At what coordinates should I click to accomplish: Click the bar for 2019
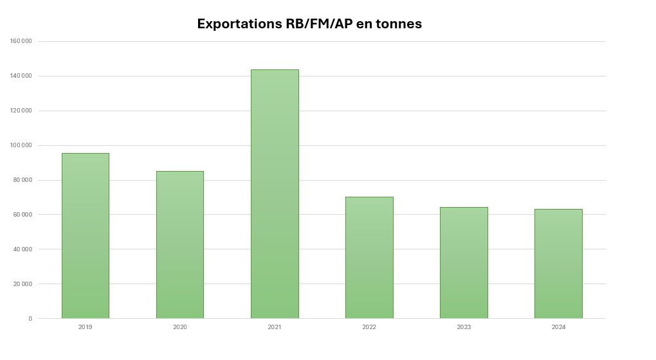[86, 235]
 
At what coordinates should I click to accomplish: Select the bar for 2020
[180, 244]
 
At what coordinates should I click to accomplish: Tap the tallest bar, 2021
[275, 194]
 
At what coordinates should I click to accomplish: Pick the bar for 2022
[369, 257]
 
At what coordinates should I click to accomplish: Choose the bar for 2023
[464, 262]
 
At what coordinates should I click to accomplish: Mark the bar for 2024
[558, 264]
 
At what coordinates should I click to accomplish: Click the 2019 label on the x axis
[86, 327]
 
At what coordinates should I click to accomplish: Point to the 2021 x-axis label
[275, 327]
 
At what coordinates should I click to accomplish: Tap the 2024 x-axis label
[558, 327]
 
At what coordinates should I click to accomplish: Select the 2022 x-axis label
[369, 327]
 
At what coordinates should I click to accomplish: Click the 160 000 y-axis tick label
[21, 41]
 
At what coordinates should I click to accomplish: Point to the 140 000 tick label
[21, 76]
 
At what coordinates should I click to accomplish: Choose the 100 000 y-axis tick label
[21, 145]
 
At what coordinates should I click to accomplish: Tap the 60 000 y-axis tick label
[23, 215]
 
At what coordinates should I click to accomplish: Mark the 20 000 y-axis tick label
[23, 284]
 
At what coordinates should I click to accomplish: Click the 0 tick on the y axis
[30, 319]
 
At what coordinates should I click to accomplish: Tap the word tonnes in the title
[400, 24]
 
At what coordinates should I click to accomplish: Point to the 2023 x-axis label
[464, 327]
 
